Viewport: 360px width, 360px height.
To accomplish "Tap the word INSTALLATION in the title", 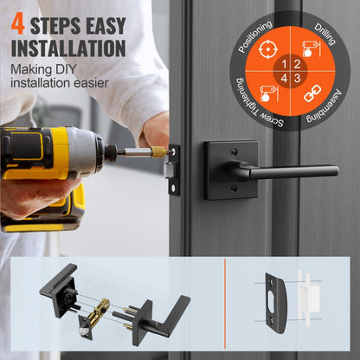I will [x=68, y=48].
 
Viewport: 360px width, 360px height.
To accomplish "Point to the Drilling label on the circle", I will [x=325, y=35].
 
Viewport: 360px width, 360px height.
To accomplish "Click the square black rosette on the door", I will [x=231, y=170].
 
